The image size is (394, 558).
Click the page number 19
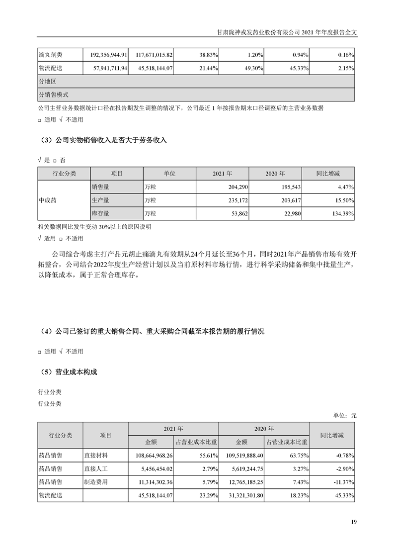coord(354,522)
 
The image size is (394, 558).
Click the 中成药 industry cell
coord(48,200)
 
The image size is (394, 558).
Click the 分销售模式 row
coord(53,94)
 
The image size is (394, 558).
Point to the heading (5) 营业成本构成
coord(68,372)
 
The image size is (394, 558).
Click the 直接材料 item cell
coord(97,455)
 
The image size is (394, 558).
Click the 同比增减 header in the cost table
coord(332,435)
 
